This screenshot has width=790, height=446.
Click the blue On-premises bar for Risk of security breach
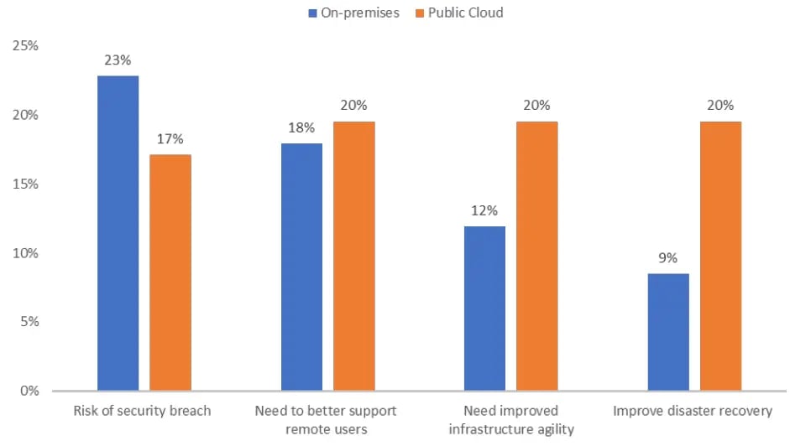pyautogui.click(x=118, y=233)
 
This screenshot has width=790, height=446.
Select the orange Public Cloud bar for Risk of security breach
pyautogui.click(x=170, y=272)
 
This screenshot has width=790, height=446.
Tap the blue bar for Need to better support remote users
pyautogui.click(x=301, y=267)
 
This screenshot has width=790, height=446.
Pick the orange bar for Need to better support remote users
pyautogui.click(x=353, y=256)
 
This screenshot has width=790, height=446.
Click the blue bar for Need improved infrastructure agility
pyautogui.click(x=484, y=308)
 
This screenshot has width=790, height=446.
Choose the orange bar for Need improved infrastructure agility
pyautogui.click(x=536, y=256)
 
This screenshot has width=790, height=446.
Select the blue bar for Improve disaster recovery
pyautogui.click(x=668, y=332)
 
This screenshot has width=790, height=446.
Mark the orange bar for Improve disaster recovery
pyautogui.click(x=720, y=256)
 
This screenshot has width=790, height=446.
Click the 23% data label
pyautogui.click(x=118, y=60)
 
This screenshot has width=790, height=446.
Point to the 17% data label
pyautogui.click(x=170, y=139)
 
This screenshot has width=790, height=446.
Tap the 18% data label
pyautogui.click(x=301, y=127)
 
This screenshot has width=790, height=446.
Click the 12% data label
pyautogui.click(x=484, y=210)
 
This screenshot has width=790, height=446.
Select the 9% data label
pyautogui.click(x=668, y=258)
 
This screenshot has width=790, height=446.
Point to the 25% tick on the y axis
pyautogui.click(x=26, y=46)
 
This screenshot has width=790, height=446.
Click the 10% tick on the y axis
pyautogui.click(x=26, y=253)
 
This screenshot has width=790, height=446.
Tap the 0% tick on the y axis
pyautogui.click(x=29, y=391)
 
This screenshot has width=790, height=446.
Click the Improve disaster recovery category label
pyautogui.click(x=693, y=411)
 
